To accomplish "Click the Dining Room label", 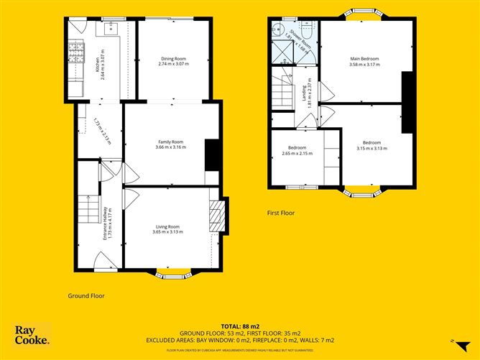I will [x=172, y=59].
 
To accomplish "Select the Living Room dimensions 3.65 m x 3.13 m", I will [x=167, y=232].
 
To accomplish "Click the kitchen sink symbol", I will [x=111, y=30].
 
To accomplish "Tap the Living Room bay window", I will [x=172, y=274].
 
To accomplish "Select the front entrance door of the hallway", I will [x=101, y=264].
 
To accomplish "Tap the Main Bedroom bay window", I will [x=357, y=13].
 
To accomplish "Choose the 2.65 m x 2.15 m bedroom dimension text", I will [x=295, y=153].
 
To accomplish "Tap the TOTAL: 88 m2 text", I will [x=239, y=326].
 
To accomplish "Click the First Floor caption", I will [x=280, y=213].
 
